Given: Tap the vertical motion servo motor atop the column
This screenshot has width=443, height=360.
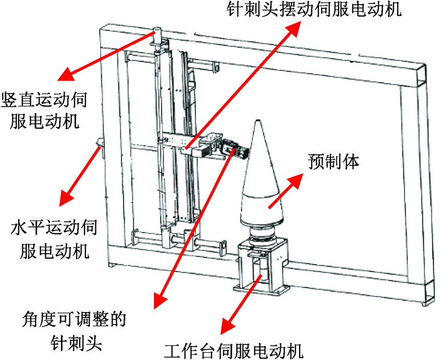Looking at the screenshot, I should pyautogui.click(x=158, y=36).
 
